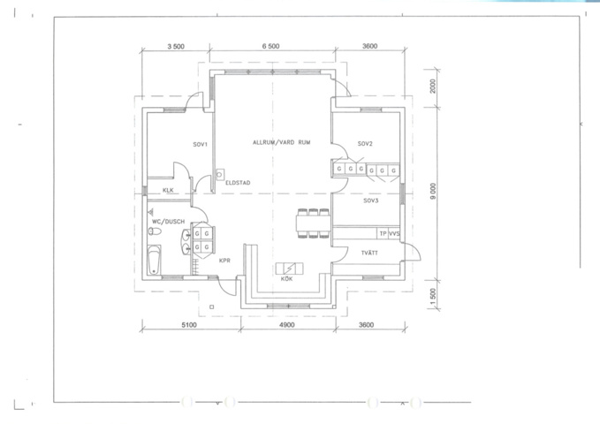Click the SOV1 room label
200,143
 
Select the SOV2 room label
366,143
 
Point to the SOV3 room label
371,201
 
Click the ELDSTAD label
239,183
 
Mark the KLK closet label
167,190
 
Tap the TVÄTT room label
369,254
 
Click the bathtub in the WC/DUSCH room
156,260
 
